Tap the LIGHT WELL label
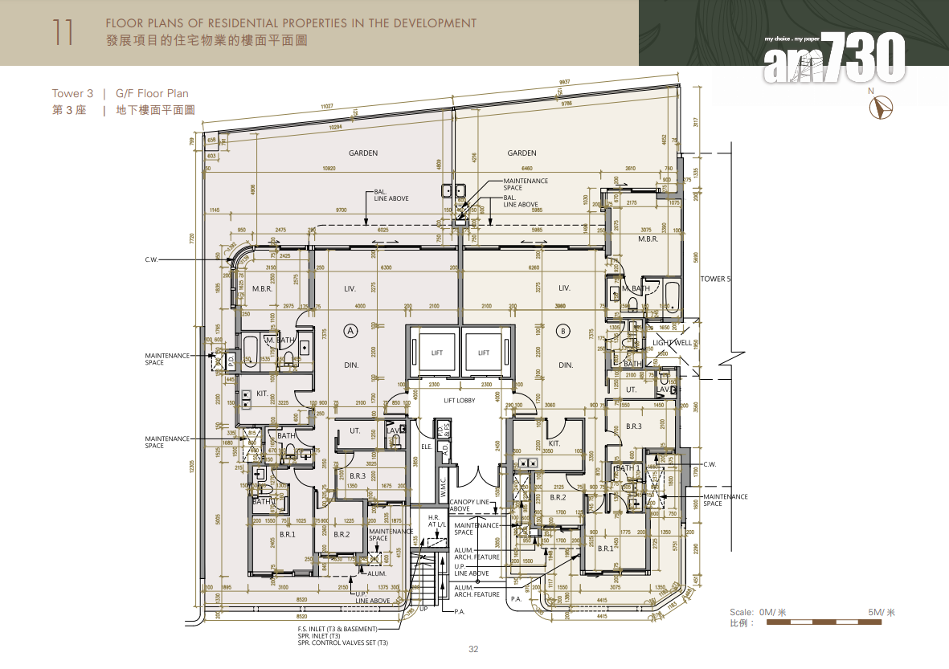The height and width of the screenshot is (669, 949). [672, 343]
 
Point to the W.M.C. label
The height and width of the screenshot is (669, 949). [443, 485]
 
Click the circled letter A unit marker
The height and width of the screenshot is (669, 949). [350, 329]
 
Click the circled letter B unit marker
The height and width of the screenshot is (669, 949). [563, 329]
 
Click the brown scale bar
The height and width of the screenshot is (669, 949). [830, 622]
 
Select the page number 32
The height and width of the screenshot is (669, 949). [473, 650]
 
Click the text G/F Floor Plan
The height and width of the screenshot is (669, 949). [152, 94]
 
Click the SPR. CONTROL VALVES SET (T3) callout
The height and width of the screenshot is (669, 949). [343, 643]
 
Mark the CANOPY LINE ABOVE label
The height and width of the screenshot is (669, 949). [470, 505]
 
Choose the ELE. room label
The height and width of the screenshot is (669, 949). [426, 447]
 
